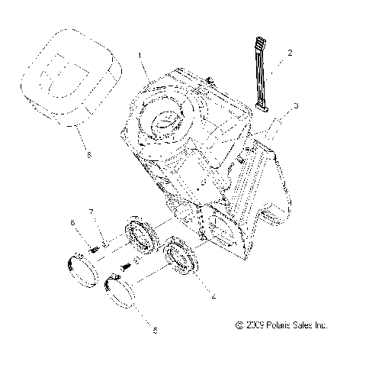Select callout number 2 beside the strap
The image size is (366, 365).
click(x=289, y=54)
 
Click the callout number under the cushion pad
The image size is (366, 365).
click(x=89, y=155)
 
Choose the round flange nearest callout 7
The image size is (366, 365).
click(x=138, y=236)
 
